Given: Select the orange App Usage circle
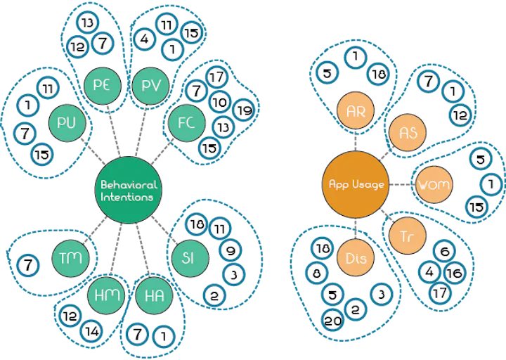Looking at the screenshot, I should [356, 185].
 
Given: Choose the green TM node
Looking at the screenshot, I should [70, 257].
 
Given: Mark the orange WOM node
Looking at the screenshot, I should [434, 186].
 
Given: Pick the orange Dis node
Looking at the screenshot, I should [356, 259].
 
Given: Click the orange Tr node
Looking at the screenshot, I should [406, 236].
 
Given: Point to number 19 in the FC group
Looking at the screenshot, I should [242, 110].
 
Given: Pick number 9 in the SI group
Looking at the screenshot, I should [230, 250].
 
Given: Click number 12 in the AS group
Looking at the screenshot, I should [460, 114].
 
